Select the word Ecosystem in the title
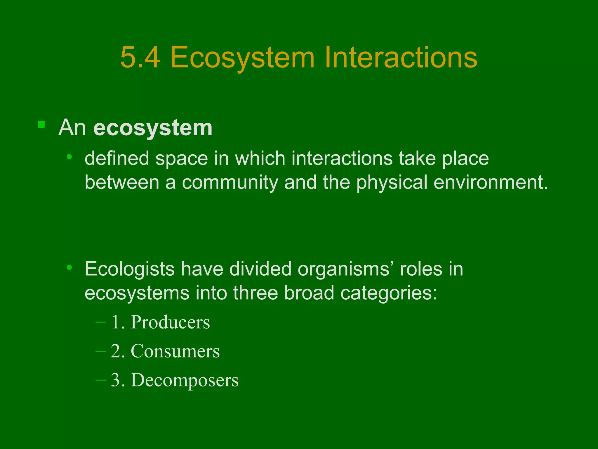pos(242,57)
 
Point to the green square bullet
pos(41,125)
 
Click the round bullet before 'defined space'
pos(69,157)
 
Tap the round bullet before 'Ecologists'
pos(69,267)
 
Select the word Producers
pos(170,322)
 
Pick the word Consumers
pos(175,351)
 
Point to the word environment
pos(491,182)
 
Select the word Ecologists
pos(130,269)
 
